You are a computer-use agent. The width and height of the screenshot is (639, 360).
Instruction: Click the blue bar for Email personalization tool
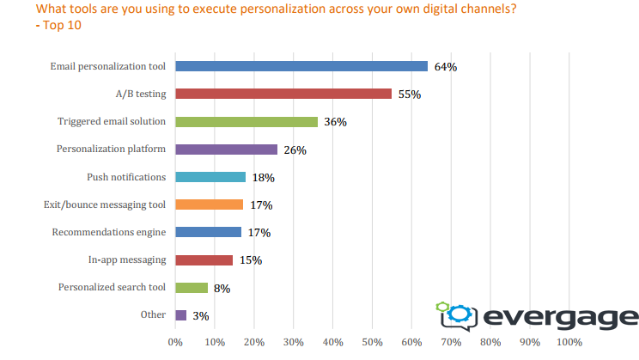(x=301, y=66)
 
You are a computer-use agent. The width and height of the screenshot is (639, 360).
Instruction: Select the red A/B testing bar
(x=283, y=94)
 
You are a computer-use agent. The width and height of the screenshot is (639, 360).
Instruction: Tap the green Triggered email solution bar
(x=246, y=121)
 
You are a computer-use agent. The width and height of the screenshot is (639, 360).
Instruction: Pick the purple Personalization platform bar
(x=226, y=149)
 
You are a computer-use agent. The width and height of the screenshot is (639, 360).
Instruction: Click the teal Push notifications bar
(x=210, y=177)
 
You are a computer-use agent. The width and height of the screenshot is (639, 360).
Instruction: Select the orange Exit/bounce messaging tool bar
(x=209, y=204)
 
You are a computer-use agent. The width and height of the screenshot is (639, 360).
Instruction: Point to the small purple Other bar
(x=180, y=315)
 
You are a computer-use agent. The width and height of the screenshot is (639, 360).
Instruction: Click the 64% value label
(x=445, y=67)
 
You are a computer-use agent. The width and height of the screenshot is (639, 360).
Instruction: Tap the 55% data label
(x=409, y=95)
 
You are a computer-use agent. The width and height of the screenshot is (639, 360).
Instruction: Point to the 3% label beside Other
(x=200, y=316)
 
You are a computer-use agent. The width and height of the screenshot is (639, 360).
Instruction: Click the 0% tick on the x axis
(x=175, y=342)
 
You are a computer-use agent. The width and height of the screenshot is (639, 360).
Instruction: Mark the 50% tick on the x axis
(x=372, y=342)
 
